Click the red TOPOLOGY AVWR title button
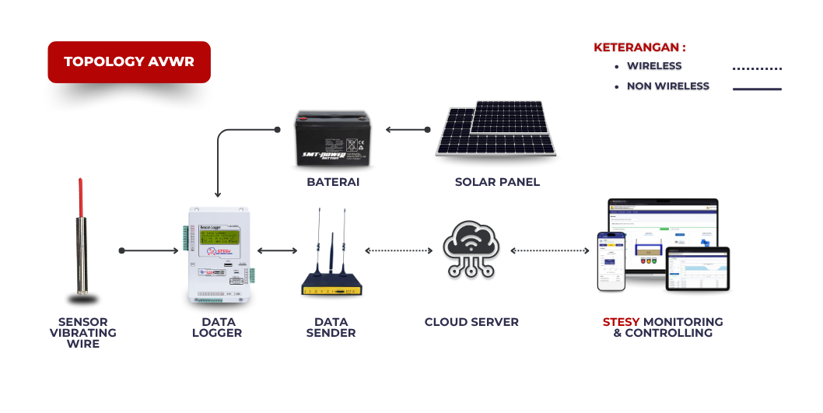point(129,62)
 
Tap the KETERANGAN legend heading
point(639,47)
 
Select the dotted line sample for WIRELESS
point(757,68)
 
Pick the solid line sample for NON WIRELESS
point(757,89)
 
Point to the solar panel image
point(496,131)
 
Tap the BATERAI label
point(333,183)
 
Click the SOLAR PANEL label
point(497,183)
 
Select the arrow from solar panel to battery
point(408,129)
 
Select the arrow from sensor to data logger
point(150,250)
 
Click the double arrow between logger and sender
point(277,250)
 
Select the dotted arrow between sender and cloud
point(398,250)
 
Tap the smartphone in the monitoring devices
point(611,261)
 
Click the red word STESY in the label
point(621,322)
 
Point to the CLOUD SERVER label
point(471,322)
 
